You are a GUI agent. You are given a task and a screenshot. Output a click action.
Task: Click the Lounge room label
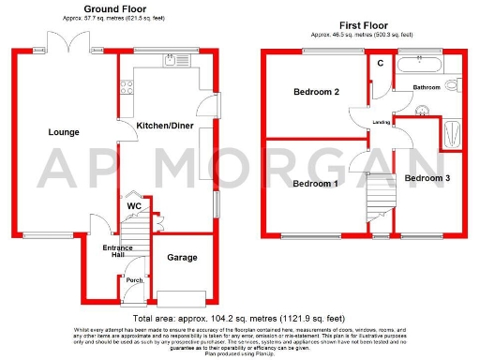(64, 132)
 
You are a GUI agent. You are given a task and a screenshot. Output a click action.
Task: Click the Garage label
(181, 256)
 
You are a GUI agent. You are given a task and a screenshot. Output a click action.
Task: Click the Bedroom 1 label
(316, 183)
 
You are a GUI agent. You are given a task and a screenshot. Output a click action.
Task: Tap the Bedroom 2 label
(316, 92)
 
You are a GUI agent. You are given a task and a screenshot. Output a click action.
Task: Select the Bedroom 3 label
(427, 177)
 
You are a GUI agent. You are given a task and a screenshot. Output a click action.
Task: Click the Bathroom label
(427, 87)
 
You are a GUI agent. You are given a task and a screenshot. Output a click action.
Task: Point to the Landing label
(382, 122)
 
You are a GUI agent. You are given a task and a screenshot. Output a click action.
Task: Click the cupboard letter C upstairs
(381, 63)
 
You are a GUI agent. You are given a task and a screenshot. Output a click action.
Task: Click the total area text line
(239, 320)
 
